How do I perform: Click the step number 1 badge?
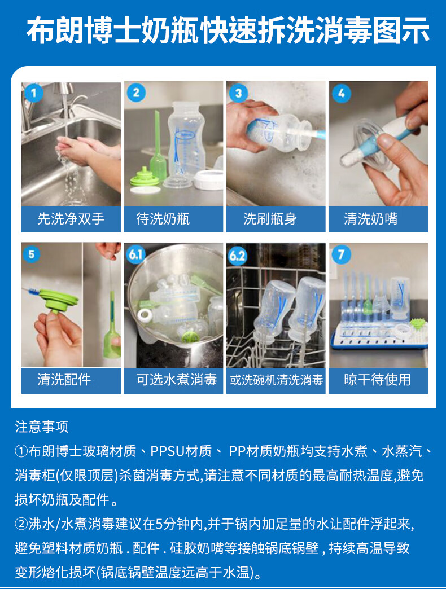[x=33, y=93]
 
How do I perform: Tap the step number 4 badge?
[x=341, y=93]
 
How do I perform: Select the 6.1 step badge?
[x=135, y=254]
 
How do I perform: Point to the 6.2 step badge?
[x=238, y=256]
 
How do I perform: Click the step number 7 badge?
[x=341, y=255]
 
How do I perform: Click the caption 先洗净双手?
[x=71, y=219]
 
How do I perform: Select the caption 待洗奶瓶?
[x=163, y=219]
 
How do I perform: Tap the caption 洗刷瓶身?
[x=270, y=219]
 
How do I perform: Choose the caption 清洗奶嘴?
[x=370, y=219]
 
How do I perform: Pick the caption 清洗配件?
[x=64, y=380]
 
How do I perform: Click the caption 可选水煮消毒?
[x=176, y=380]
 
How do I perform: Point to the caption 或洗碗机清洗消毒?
[x=277, y=380]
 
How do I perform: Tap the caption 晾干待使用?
[x=377, y=380]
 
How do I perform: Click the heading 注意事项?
[x=42, y=427]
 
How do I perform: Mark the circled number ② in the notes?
[x=21, y=524]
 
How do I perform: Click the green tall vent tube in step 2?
[x=158, y=147]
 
